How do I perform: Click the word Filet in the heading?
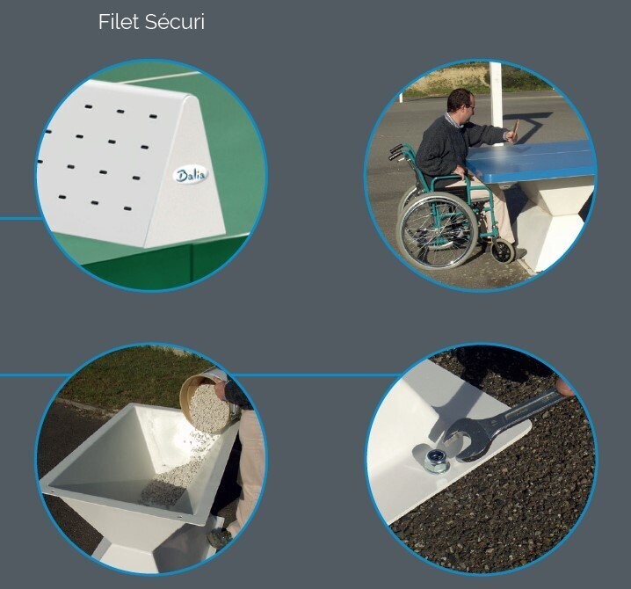119,22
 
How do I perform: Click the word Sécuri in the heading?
175,22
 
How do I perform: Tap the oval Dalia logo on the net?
192,175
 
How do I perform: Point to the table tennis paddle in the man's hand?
515,128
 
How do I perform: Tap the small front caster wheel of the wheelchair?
503,251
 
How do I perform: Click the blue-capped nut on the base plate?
437,459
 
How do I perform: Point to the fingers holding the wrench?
564,387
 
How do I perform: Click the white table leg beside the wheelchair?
554,225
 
